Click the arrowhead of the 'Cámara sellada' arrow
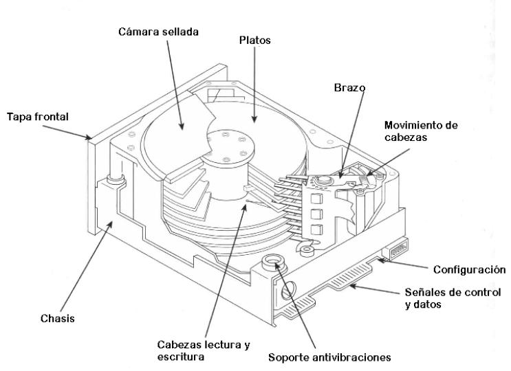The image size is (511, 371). click(x=182, y=126)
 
